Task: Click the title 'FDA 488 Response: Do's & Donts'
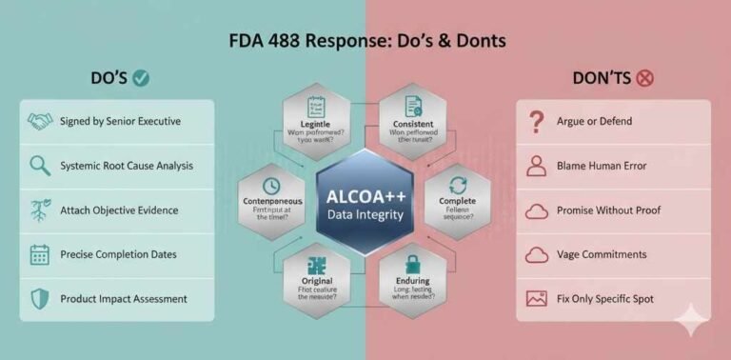point(366,41)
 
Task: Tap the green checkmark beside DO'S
point(142,79)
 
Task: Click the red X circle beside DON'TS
point(644,78)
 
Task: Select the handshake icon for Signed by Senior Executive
point(40,122)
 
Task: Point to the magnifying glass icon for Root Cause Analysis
point(40,166)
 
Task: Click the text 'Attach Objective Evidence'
point(119,210)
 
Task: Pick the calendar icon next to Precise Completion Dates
point(40,254)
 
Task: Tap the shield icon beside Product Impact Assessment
point(40,299)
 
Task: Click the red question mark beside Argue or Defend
point(537,122)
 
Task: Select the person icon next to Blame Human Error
point(537,166)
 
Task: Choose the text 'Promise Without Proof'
point(608,210)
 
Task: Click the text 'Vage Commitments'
point(602,254)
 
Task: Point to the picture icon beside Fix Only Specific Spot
point(537,299)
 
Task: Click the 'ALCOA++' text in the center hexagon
point(366,196)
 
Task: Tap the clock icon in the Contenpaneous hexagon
point(270,187)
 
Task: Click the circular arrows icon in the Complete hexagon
point(458,186)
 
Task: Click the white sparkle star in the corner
point(687,322)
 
